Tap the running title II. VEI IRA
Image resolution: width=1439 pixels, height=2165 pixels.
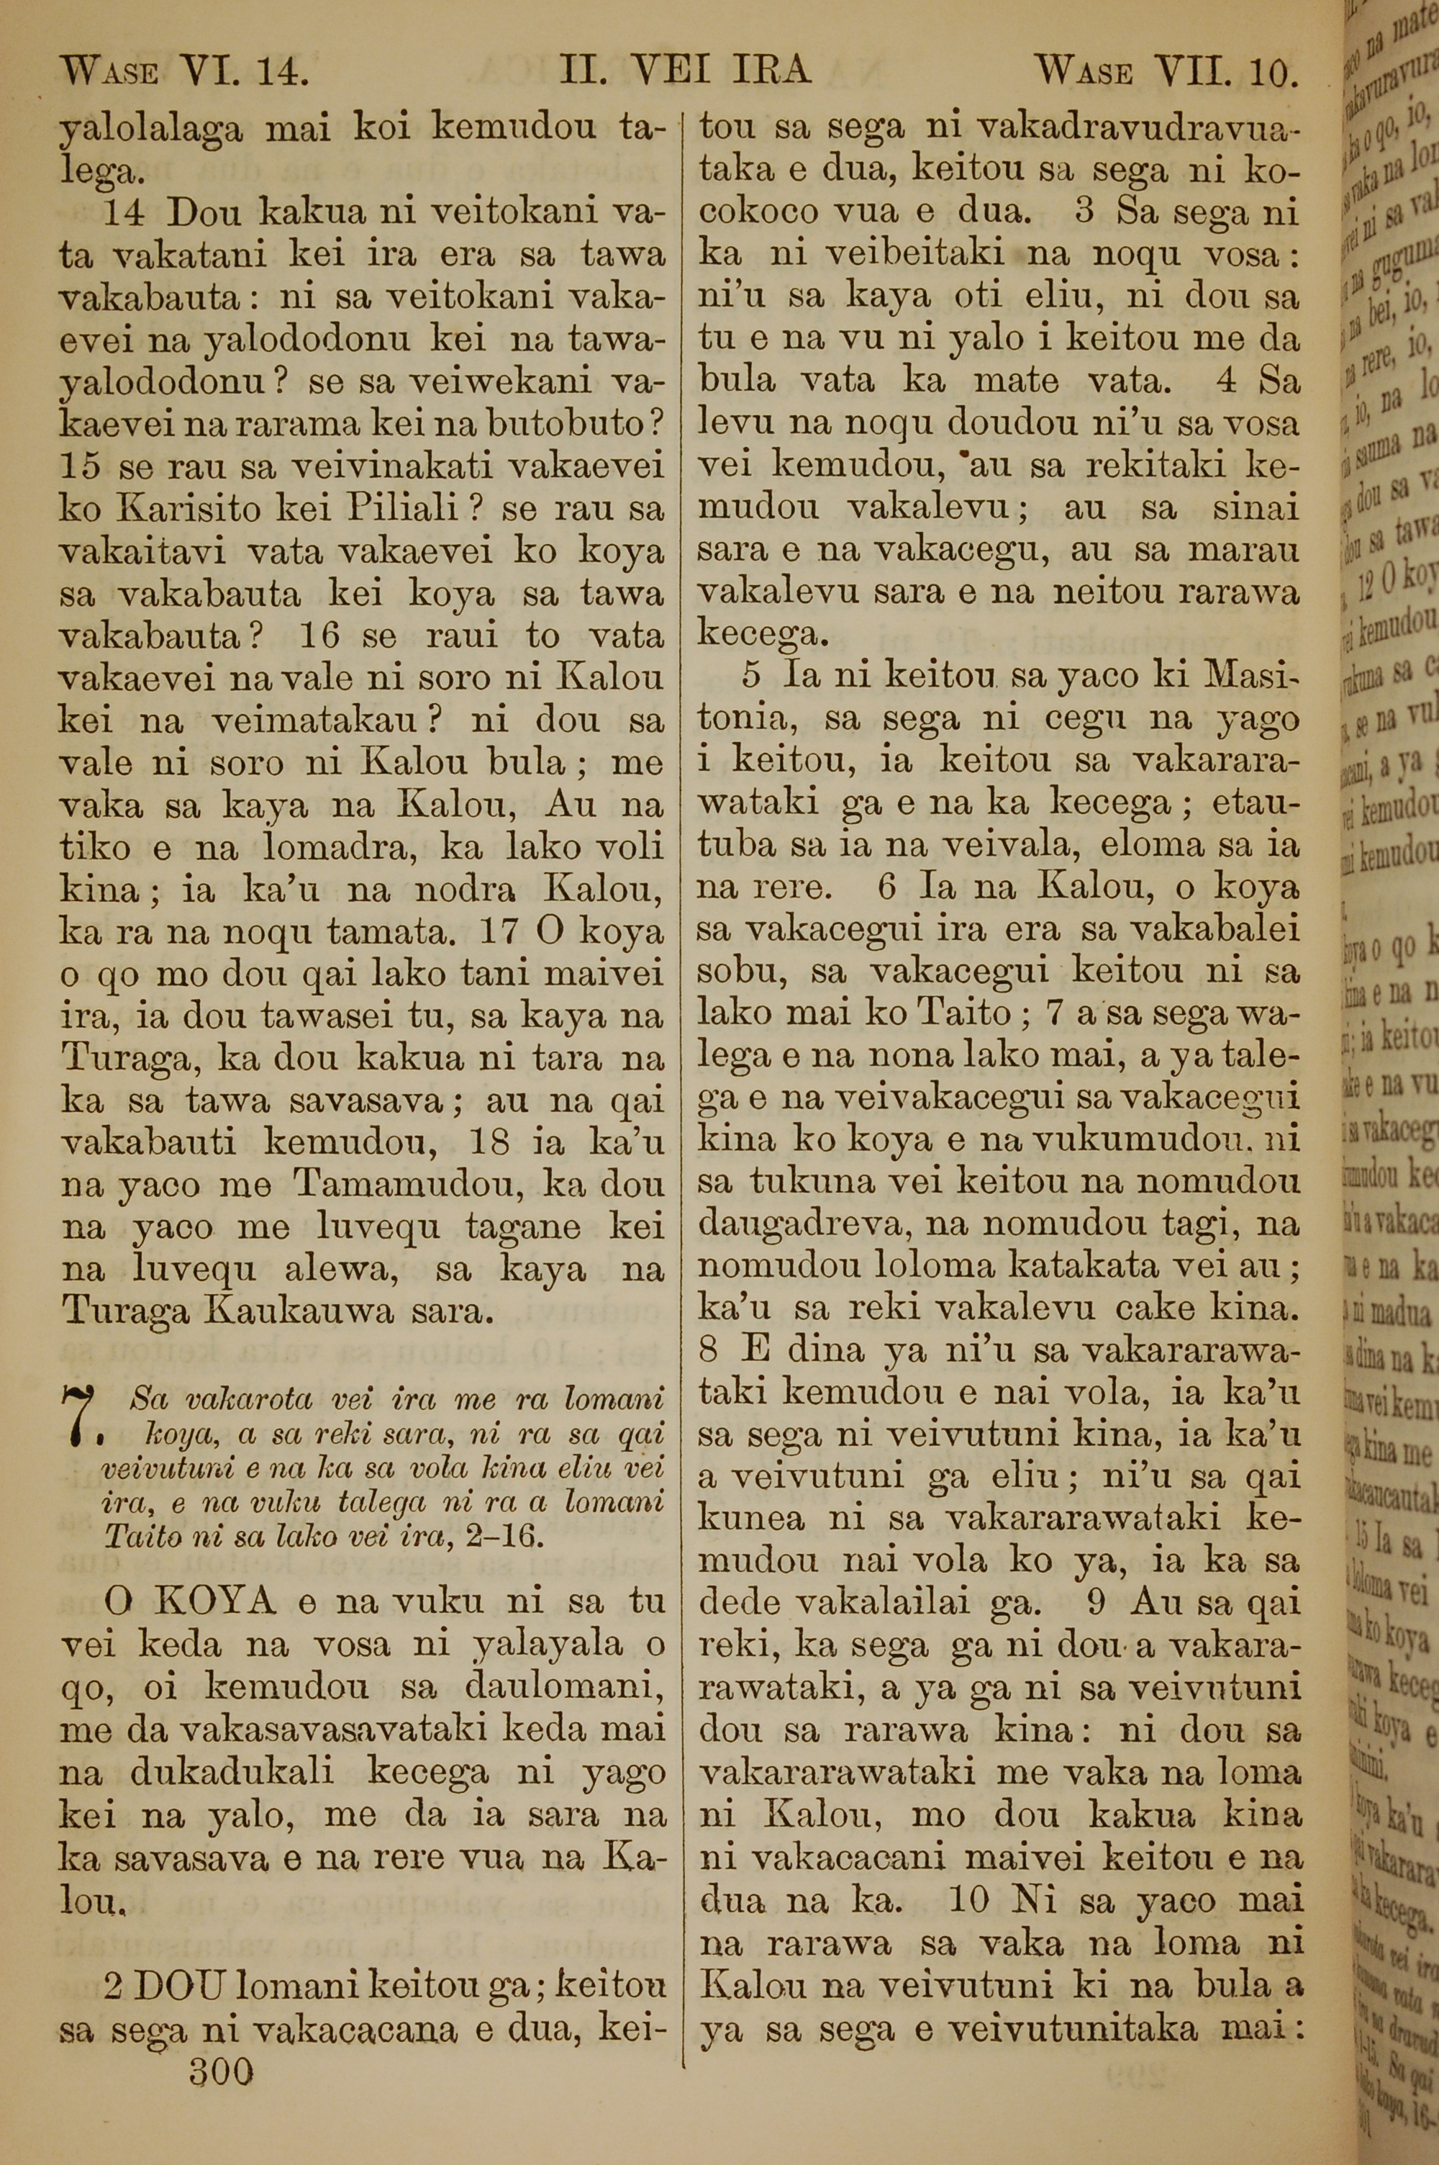(x=686, y=70)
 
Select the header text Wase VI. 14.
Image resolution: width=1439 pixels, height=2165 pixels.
(x=183, y=70)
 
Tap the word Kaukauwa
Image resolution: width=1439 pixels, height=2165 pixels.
(x=307, y=1312)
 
